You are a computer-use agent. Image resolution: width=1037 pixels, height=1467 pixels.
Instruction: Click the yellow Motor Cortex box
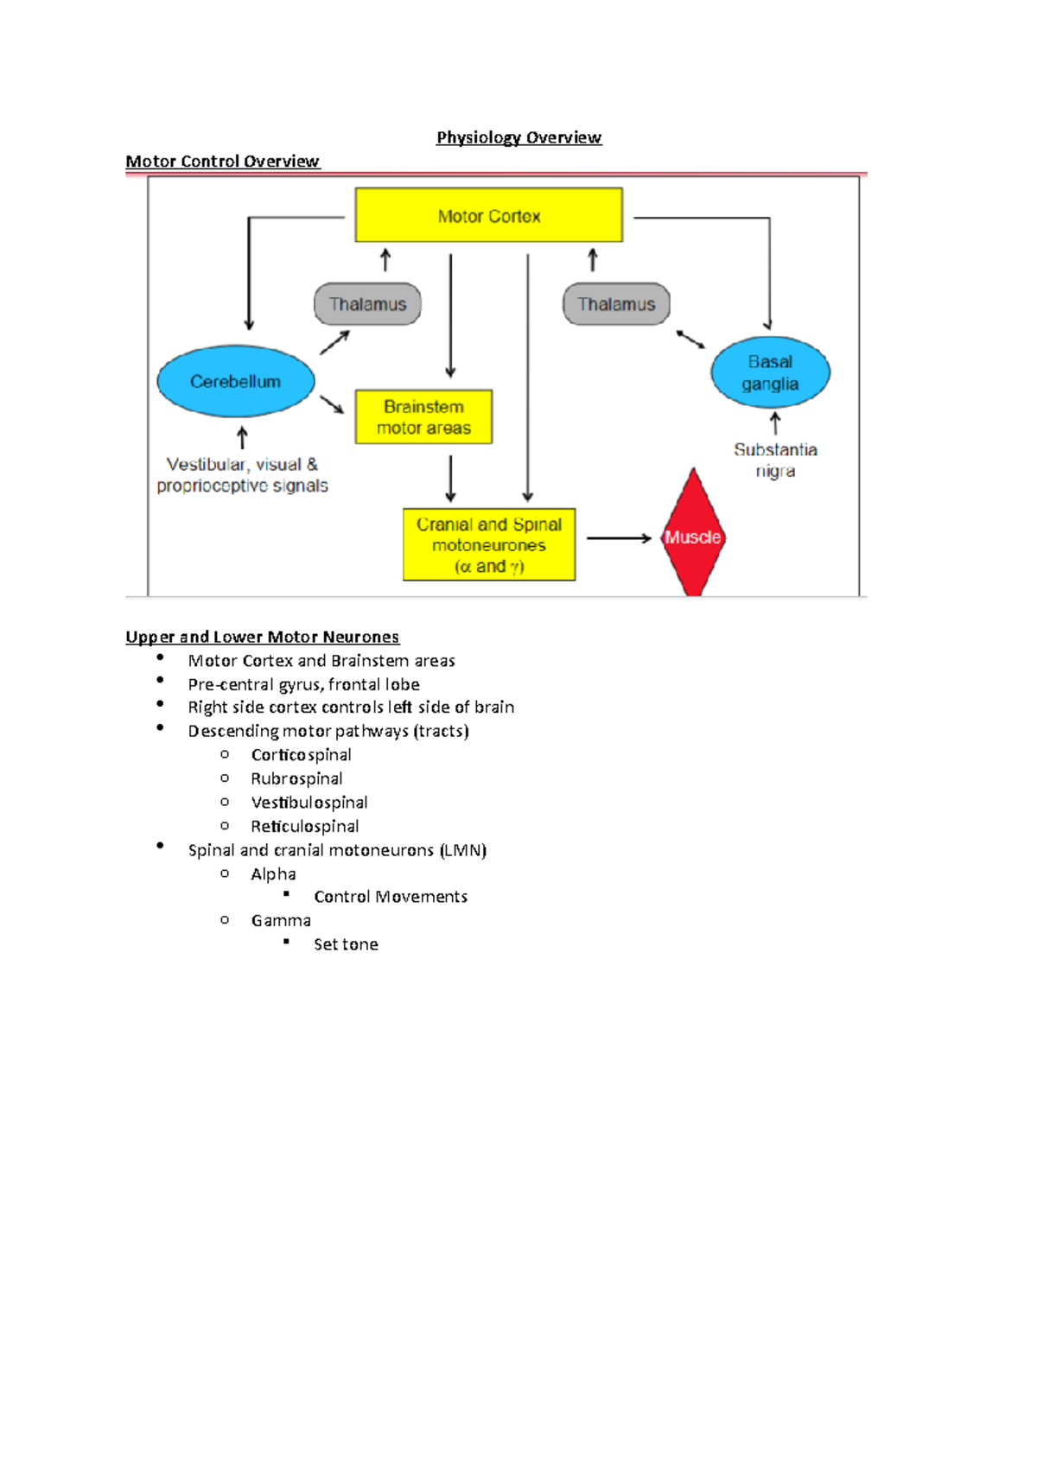tap(488, 215)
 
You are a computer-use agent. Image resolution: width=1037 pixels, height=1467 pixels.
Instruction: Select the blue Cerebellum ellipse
tap(235, 381)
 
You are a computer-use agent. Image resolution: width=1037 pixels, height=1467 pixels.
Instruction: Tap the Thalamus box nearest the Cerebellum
tap(367, 304)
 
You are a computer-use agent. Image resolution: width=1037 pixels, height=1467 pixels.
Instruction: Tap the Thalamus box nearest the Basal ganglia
tap(616, 304)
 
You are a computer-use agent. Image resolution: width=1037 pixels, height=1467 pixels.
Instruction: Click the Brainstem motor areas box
tap(423, 416)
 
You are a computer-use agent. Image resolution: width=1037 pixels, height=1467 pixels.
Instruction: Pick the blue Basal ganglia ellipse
tap(770, 372)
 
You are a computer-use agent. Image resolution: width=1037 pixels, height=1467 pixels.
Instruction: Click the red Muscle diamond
tap(692, 536)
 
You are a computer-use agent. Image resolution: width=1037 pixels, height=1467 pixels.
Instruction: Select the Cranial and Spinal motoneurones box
tap(489, 544)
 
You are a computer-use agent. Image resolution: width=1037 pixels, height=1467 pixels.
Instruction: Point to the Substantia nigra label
tap(775, 460)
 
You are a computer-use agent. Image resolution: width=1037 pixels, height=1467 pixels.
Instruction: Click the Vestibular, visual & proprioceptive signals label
tap(242, 475)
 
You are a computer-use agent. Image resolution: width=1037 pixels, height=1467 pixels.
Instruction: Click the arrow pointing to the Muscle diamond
tap(618, 538)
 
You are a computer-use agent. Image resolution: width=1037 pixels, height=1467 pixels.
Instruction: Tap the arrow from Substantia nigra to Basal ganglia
tap(775, 423)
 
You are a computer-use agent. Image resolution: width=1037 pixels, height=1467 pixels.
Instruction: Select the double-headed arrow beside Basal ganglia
tap(690, 340)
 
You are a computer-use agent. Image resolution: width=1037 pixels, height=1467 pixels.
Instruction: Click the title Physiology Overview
tap(518, 137)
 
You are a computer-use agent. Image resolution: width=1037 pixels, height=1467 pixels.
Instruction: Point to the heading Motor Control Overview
tap(222, 162)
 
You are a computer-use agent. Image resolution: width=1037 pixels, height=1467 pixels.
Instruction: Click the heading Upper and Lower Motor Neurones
tap(262, 637)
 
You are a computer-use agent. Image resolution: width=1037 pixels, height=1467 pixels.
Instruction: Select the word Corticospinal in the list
tap(301, 754)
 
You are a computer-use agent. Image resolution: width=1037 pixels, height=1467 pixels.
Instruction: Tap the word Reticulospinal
tap(304, 826)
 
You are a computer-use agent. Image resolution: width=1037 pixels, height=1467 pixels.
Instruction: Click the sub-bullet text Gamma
tap(281, 920)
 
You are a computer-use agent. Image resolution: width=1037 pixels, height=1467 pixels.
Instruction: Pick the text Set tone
tap(346, 944)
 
